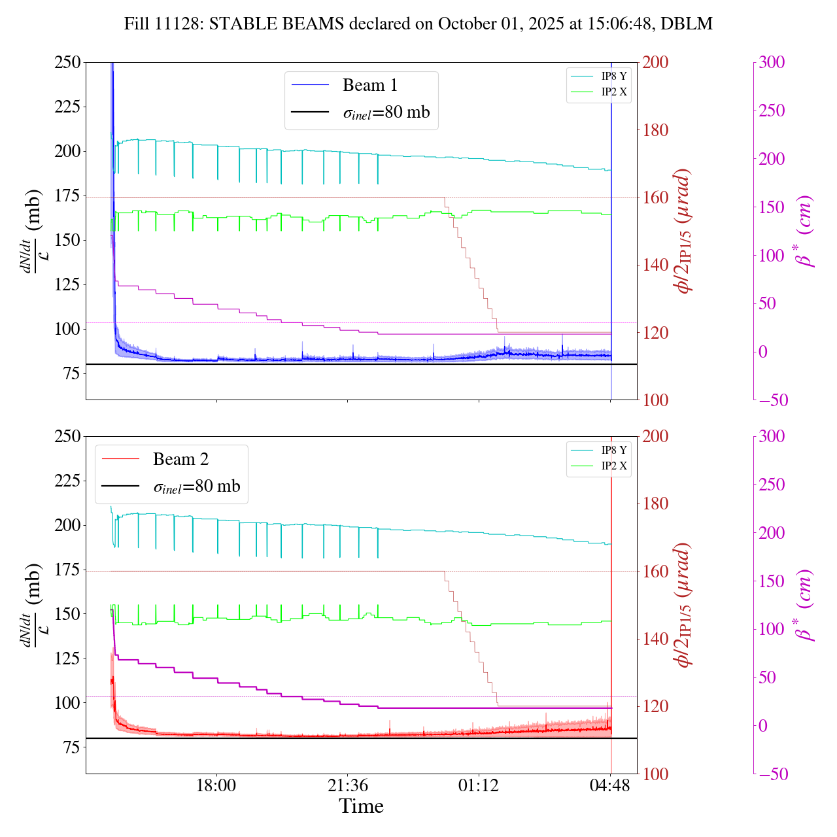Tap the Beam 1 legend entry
(369, 86)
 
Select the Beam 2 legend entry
(180, 460)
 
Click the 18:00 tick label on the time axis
(216, 785)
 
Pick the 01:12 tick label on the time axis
(479, 785)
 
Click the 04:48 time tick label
(610, 785)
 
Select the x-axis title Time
(361, 806)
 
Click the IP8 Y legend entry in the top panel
(613, 76)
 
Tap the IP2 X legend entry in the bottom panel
(613, 466)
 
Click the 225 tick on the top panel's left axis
(67, 107)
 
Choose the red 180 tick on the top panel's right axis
(656, 130)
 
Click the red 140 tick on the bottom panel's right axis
(656, 639)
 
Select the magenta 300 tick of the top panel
(772, 63)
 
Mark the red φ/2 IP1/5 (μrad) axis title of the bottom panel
(683, 605)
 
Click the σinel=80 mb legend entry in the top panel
(386, 112)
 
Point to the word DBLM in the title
(686, 24)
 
